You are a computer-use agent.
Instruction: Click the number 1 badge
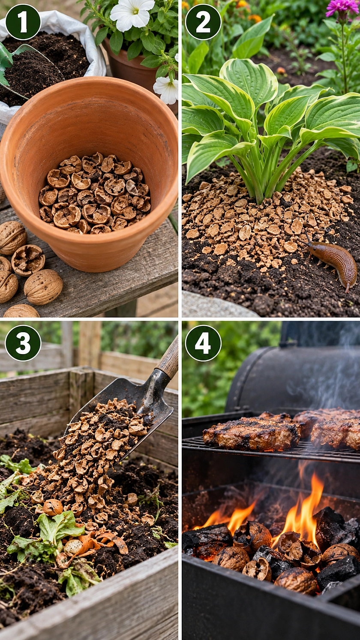23,22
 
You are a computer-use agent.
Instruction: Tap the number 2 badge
203,22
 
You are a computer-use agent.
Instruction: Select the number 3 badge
23,343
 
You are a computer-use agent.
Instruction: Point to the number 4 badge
203,343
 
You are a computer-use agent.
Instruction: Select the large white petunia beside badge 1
132,13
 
